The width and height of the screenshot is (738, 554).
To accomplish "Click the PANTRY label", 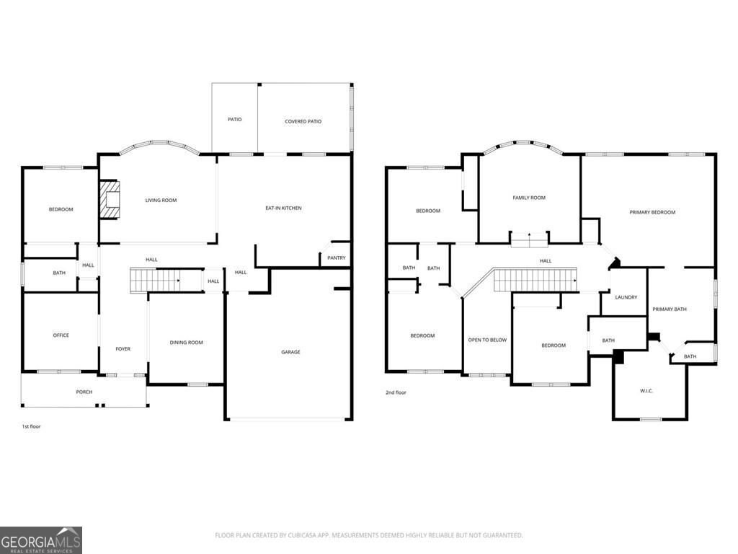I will (336, 258).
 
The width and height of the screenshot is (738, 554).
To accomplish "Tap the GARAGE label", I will (290, 352).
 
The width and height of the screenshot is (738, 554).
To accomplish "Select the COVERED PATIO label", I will (303, 121).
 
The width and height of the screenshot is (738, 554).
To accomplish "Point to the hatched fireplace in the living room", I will (109, 199).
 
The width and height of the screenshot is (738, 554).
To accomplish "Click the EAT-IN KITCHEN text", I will (283, 208).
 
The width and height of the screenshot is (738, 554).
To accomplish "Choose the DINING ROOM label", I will (186, 343).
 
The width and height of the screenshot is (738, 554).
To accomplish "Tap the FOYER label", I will (123, 349).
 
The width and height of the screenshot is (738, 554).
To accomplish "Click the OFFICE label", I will (61, 335).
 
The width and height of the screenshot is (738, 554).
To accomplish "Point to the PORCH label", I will (84, 392).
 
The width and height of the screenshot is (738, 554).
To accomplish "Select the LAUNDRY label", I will (626, 296).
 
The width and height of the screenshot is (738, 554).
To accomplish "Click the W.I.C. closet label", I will (646, 391).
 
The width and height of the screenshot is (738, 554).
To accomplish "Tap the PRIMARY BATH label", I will (670, 309).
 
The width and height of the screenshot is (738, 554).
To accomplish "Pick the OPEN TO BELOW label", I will (487, 340).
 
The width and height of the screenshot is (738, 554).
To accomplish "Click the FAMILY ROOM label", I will (529, 198).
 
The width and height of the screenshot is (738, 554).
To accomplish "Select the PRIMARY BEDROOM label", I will (652, 212).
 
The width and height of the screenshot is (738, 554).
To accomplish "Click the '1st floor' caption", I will (31, 426).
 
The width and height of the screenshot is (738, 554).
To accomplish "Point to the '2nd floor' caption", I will (396, 392).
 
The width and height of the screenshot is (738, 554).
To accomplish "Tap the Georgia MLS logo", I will (41, 540).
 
